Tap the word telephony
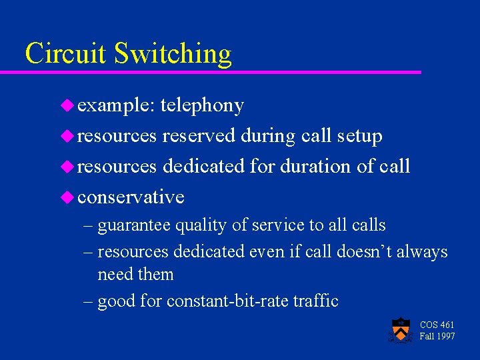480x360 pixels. pos(202,105)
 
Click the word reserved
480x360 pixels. pos(199,136)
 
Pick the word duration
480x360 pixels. pos(316,166)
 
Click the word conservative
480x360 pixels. pos(131,197)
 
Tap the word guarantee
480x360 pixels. pos(134,226)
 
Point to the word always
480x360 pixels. pos(425,252)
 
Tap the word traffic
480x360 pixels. pos(315,301)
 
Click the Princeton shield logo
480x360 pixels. pos(400,329)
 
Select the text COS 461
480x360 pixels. pos(437,325)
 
